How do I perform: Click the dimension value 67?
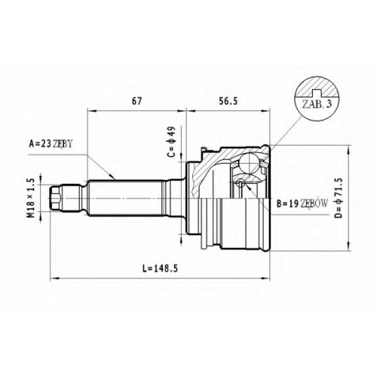pyautogui.click(x=136, y=101)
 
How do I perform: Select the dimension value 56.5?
pyautogui.click(x=228, y=101)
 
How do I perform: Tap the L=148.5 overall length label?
pyautogui.click(x=160, y=268)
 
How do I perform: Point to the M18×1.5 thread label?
pyautogui.click(x=31, y=198)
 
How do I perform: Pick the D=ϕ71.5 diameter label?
pyautogui.click(x=339, y=198)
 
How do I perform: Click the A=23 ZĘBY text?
pyautogui.click(x=51, y=144)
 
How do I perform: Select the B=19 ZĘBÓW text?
pyautogui.click(x=302, y=204)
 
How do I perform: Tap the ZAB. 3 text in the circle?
pyautogui.click(x=317, y=103)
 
